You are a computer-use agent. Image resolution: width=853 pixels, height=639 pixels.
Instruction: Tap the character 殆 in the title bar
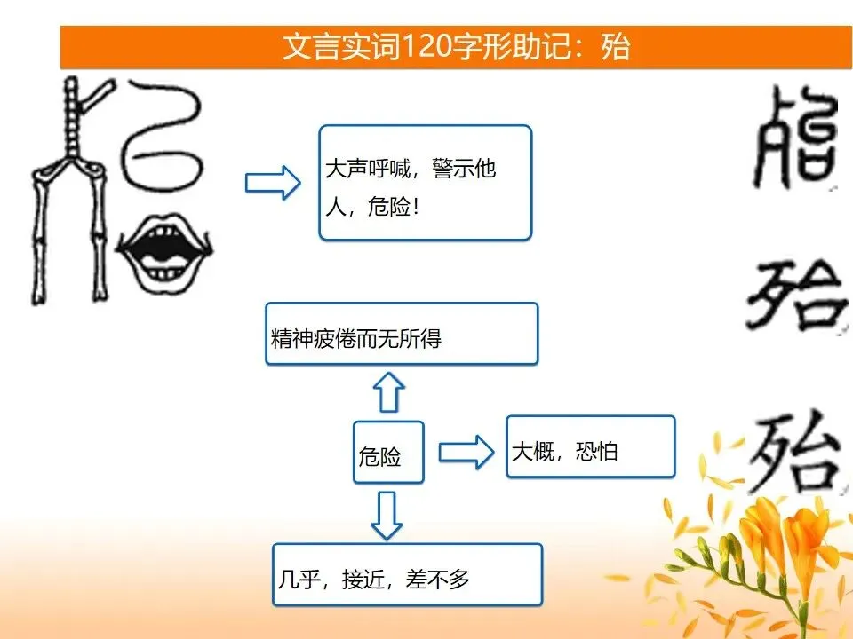pyautogui.click(x=615, y=46)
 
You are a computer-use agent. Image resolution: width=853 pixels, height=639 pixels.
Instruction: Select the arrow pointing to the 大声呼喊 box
pyautogui.click(x=273, y=182)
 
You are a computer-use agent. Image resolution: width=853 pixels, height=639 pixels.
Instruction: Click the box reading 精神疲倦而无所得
pyautogui.click(x=402, y=334)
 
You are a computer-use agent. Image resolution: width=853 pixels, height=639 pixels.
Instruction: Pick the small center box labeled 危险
pyautogui.click(x=388, y=452)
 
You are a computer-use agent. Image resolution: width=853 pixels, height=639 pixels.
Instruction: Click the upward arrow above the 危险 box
pyautogui.click(x=389, y=391)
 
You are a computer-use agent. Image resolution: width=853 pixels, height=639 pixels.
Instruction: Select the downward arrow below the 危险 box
pyautogui.click(x=387, y=515)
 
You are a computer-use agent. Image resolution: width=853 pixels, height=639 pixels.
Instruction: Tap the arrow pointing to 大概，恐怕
pyautogui.click(x=466, y=452)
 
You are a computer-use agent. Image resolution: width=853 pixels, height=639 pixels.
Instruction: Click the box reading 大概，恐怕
pyautogui.click(x=591, y=446)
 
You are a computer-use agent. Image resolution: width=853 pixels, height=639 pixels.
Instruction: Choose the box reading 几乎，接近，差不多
pyautogui.click(x=408, y=574)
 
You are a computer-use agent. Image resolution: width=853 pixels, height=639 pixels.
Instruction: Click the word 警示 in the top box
pyautogui.click(x=452, y=169)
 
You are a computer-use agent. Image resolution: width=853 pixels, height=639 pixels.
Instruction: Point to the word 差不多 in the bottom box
pyautogui.click(x=437, y=580)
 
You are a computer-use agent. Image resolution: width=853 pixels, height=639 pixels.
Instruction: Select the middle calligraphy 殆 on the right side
pyautogui.click(x=797, y=294)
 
